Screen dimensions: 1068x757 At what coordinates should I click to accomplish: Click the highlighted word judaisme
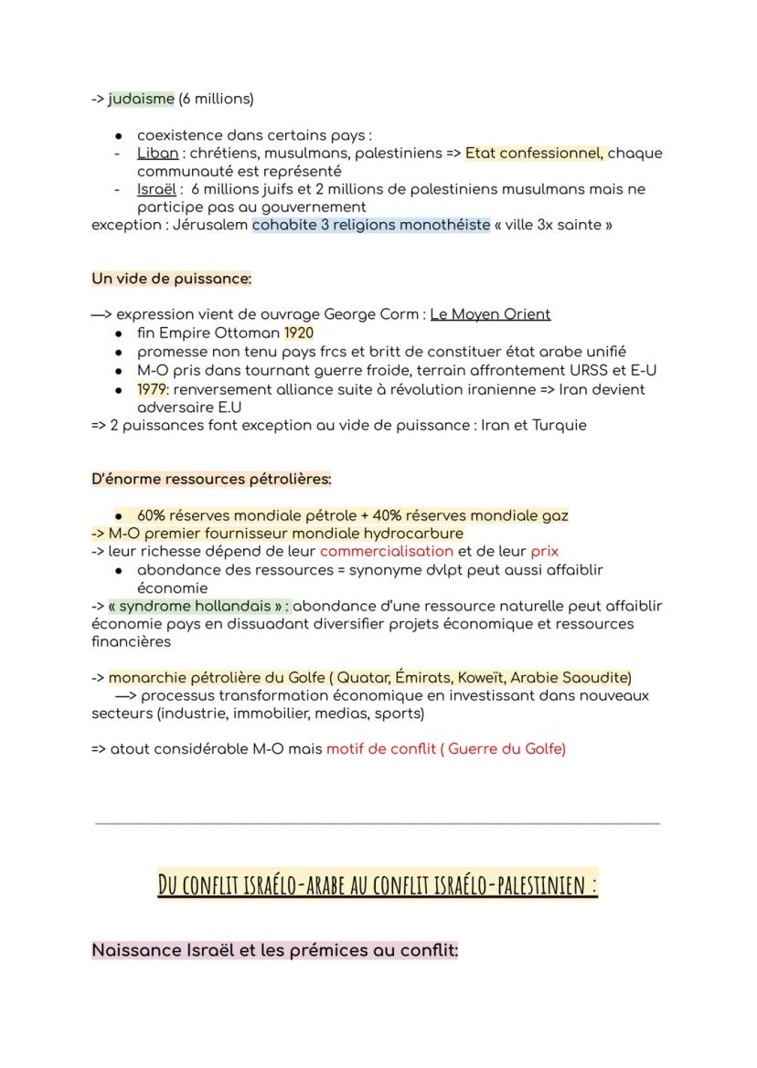(x=141, y=99)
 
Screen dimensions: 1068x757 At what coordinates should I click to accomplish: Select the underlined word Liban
(x=157, y=153)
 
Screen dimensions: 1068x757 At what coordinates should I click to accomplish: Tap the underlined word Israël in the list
(x=157, y=189)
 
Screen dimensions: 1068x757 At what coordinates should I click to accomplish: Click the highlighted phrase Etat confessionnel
(x=534, y=153)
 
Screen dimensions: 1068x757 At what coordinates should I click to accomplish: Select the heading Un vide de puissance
(x=171, y=279)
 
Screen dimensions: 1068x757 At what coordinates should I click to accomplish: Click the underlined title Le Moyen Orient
(x=490, y=314)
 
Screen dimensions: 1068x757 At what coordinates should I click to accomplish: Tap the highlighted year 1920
(x=298, y=333)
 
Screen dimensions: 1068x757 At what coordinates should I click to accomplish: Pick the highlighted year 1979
(x=152, y=389)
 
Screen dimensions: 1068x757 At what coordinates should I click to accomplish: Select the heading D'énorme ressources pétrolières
(x=211, y=479)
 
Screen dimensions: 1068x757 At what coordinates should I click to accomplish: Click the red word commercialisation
(x=387, y=551)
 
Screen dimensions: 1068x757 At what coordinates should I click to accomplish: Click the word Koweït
(x=475, y=678)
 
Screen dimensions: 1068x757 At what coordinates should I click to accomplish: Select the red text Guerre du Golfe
(x=506, y=749)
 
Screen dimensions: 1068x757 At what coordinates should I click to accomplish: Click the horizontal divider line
(x=378, y=823)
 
